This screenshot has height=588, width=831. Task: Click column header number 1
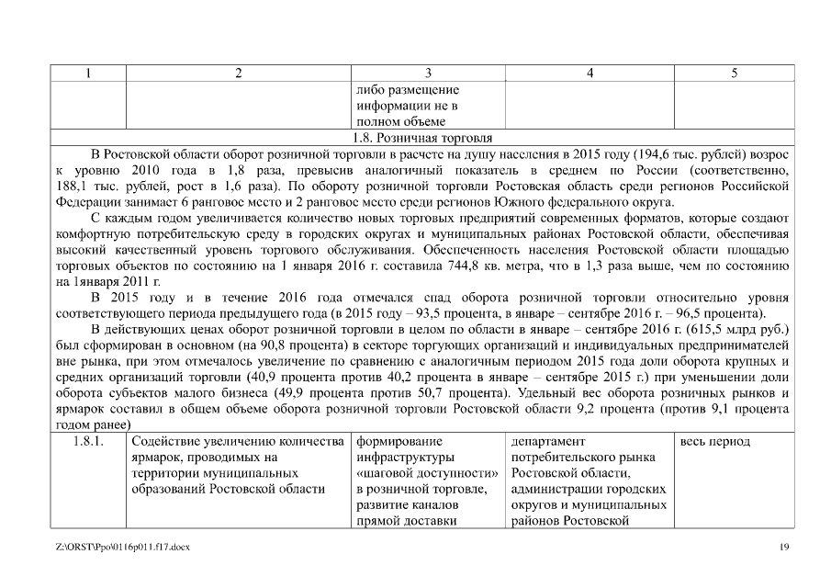(86, 73)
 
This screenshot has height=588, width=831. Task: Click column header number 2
(238, 73)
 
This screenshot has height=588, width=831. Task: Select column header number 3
(428, 73)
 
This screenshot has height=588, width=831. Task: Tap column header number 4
(589, 73)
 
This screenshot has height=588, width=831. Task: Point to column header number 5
(734, 73)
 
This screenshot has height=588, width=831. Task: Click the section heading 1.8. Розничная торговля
(429, 136)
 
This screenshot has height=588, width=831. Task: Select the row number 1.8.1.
(86, 442)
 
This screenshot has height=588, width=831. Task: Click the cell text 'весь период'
(715, 442)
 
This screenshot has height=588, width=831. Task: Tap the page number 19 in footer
(784, 548)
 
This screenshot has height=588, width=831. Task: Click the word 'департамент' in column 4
(549, 442)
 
